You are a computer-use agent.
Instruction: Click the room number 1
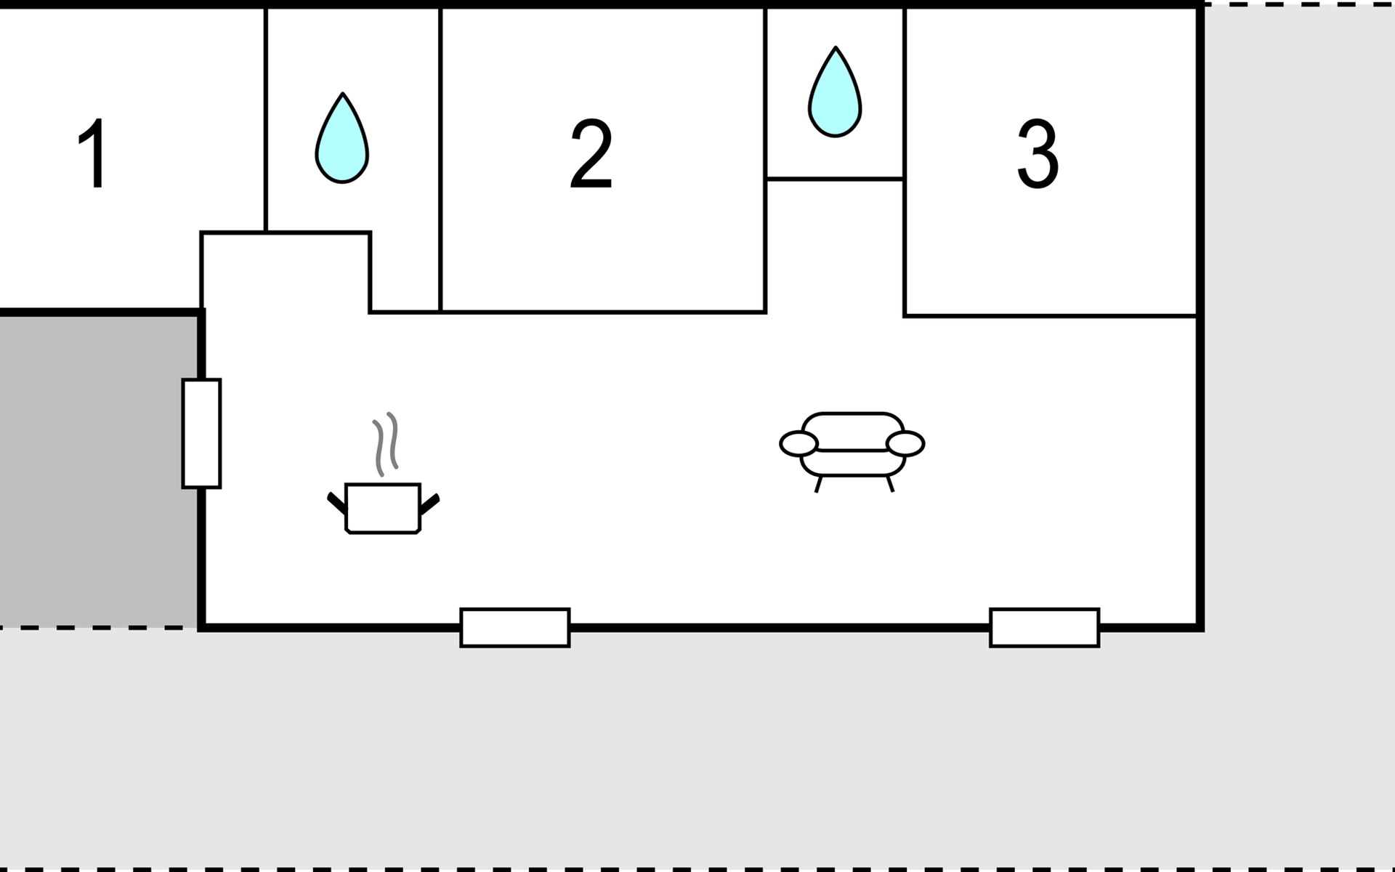pos(94,153)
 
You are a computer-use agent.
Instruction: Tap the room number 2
pos(591,153)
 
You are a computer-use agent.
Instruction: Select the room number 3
pos(1038,153)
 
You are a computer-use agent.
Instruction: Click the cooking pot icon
pos(383,508)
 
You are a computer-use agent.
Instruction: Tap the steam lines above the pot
pos(386,443)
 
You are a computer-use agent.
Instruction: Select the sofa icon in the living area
pos(852,445)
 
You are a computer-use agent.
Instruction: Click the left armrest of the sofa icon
pos(798,443)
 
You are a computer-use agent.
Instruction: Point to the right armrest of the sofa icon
pos(905,443)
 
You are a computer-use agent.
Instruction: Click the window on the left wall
pos(201,433)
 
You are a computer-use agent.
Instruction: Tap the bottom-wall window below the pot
pos(515,627)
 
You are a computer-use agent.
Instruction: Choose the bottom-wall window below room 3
pos(1044,627)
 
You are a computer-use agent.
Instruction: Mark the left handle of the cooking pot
pos(336,501)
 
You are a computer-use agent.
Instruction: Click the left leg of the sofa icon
pos(819,484)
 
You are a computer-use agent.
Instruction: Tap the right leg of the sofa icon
pos(889,484)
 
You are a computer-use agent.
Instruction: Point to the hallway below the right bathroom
pos(835,247)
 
